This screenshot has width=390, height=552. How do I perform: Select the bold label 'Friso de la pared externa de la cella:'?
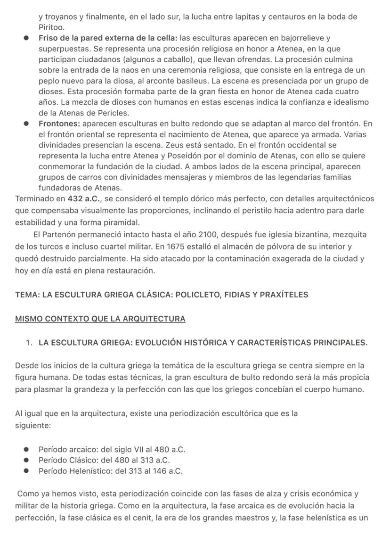click(108, 38)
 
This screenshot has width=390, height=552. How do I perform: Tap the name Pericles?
click(114, 113)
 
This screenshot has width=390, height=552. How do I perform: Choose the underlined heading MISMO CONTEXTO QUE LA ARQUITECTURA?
click(100, 319)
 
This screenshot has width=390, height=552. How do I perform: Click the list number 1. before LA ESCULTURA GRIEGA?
click(29, 343)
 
